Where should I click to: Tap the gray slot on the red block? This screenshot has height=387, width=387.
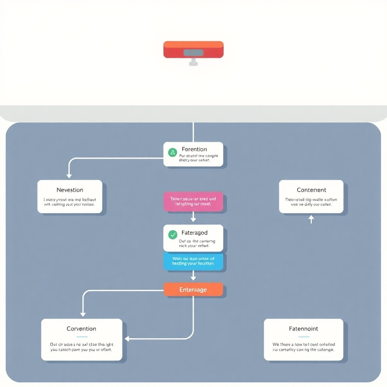pyautogui.click(x=193, y=53)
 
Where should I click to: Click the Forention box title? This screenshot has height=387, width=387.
pyautogui.click(x=194, y=149)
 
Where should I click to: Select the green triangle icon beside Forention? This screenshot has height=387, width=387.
pyautogui.click(x=172, y=152)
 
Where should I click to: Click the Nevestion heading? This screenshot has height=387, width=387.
pyautogui.click(x=70, y=190)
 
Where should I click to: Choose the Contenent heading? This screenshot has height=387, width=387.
pyautogui.click(x=311, y=190)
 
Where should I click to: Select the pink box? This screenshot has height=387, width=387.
pyautogui.click(x=193, y=201)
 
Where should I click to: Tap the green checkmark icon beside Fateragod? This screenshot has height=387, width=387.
pyautogui.click(x=172, y=234)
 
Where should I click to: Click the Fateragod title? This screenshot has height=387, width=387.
pyautogui.click(x=194, y=233)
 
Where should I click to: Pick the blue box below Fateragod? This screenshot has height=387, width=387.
pyautogui.click(x=193, y=261)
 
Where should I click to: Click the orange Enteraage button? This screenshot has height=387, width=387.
pyautogui.click(x=193, y=289)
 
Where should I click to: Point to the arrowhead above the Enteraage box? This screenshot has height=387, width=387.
pyautogui.click(x=193, y=278)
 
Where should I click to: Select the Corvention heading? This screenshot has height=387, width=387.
pyautogui.click(x=81, y=329)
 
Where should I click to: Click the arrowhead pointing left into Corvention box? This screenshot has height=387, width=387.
pyautogui.click(x=127, y=339)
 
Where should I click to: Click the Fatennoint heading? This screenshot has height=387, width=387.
pyautogui.click(x=303, y=329)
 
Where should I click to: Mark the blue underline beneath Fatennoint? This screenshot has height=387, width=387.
pyautogui.click(x=303, y=337)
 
